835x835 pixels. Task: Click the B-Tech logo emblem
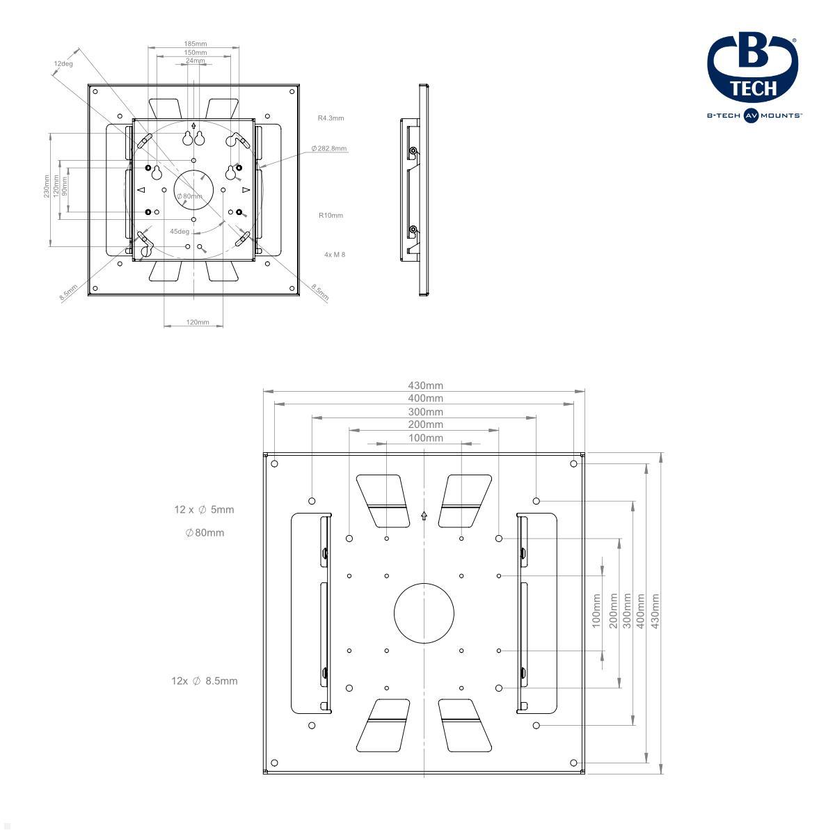(x=753, y=67)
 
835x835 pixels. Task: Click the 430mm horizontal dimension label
(x=424, y=385)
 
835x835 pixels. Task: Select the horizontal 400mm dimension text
(x=424, y=399)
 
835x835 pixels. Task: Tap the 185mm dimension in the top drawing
(x=195, y=44)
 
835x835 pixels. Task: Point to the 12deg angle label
(x=63, y=63)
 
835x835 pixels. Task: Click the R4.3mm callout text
(x=331, y=118)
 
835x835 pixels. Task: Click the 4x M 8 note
(x=335, y=255)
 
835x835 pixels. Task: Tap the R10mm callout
(x=331, y=216)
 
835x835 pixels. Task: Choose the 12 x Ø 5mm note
(x=204, y=510)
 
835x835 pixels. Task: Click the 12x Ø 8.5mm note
(x=204, y=681)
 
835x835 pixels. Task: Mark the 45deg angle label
(x=180, y=232)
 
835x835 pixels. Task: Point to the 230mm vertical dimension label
(x=47, y=186)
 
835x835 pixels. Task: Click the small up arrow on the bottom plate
(x=424, y=516)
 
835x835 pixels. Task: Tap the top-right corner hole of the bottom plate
(x=573, y=463)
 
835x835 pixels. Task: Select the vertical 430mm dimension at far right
(x=655, y=611)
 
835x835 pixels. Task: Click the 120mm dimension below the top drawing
(x=198, y=322)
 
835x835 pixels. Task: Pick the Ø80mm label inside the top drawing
(x=189, y=196)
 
